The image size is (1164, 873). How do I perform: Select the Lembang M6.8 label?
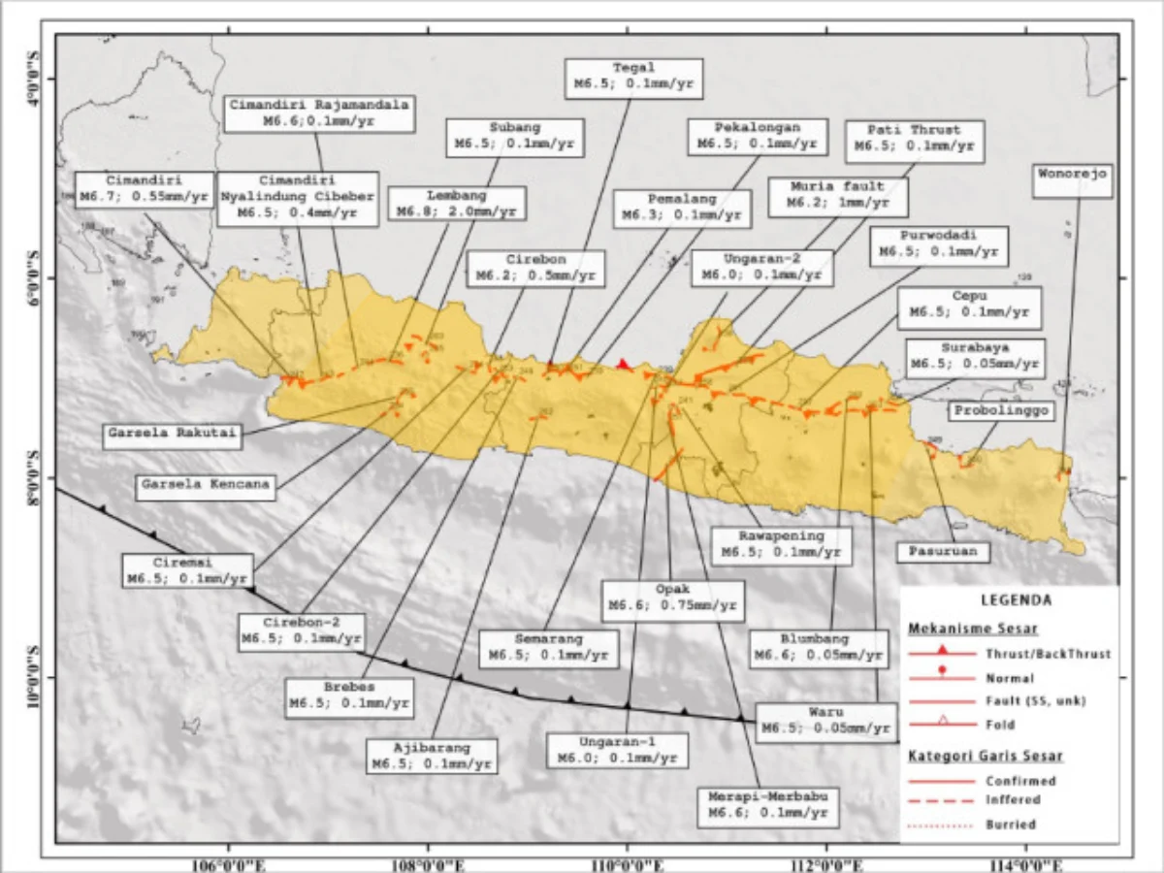[x=457, y=203]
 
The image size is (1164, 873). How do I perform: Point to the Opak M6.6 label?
[x=672, y=600]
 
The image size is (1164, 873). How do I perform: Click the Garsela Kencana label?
[x=205, y=482]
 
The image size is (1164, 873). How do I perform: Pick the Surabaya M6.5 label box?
[x=976, y=357]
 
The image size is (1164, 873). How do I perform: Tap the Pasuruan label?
[x=943, y=552]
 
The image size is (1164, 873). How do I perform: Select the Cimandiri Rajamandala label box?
[x=319, y=113]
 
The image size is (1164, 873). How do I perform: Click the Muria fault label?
[x=837, y=194]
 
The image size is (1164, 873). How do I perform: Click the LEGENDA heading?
[x=1010, y=600]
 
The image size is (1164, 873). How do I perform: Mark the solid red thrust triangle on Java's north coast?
[x=624, y=364]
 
